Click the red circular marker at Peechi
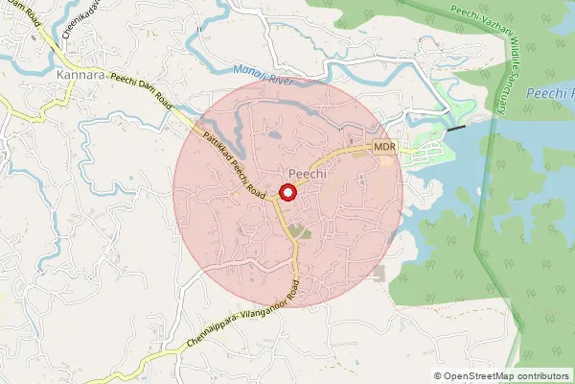[287, 192]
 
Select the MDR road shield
[384, 147]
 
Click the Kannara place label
[80, 75]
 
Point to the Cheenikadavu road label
[73, 19]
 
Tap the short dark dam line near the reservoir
[457, 126]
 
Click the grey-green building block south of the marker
[301, 231]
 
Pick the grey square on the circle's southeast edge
[379, 274]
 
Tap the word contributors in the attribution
[542, 376]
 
